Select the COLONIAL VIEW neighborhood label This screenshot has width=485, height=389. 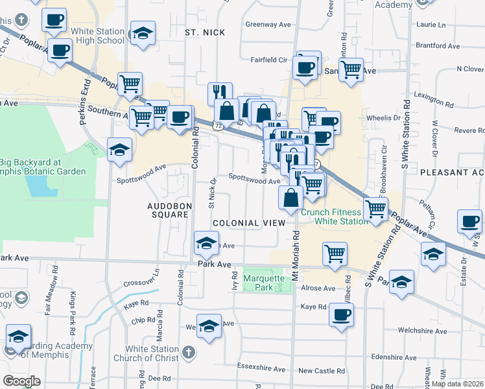pyautogui.click(x=248, y=222)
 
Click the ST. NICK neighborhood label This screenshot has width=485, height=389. pyautogui.click(x=204, y=32)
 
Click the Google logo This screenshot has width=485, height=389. pyautogui.click(x=21, y=381)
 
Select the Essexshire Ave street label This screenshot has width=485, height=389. pyautogui.click(x=262, y=370)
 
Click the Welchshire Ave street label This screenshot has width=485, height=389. pyautogui.click(x=422, y=331)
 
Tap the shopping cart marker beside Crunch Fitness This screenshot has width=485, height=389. pyautogui.click(x=376, y=209)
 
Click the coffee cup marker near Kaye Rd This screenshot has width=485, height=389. pyautogui.click(x=340, y=315)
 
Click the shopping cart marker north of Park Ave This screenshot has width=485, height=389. pyautogui.click(x=335, y=253)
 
